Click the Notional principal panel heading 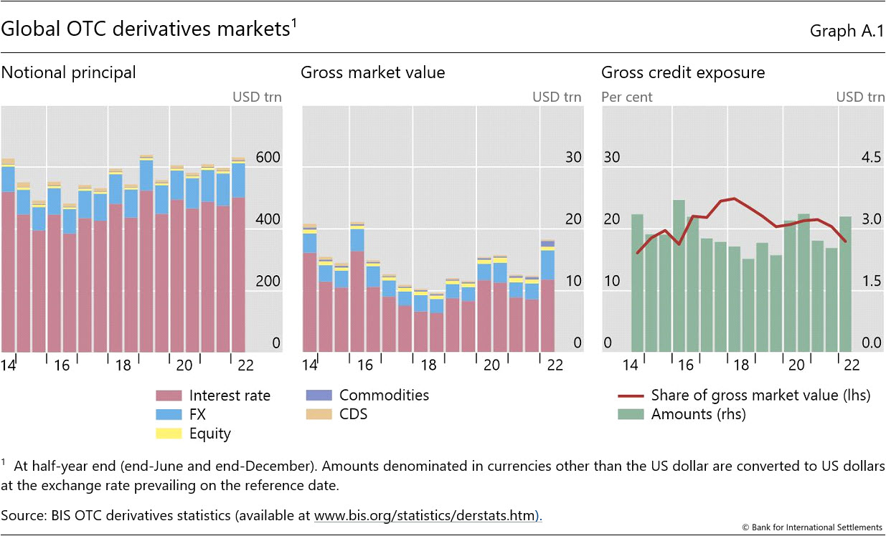coord(68,72)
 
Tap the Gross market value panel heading coord(372,72)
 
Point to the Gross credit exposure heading coord(683,72)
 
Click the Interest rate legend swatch coord(169,396)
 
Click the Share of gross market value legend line coord(630,396)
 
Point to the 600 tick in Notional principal coord(268,158)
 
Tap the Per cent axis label coord(626,97)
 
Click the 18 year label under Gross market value coord(429,365)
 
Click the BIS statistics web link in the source coord(426,515)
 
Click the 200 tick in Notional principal coord(268,282)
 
